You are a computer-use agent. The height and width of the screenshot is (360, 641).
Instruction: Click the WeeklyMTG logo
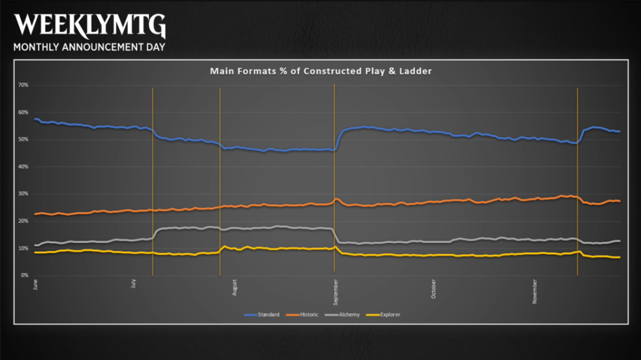click(x=90, y=26)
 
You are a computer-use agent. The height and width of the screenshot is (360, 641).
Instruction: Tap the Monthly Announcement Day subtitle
click(x=89, y=47)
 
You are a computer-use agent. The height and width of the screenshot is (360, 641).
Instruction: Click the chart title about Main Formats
click(x=321, y=71)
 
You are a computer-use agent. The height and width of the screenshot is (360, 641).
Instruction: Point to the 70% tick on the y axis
click(x=23, y=85)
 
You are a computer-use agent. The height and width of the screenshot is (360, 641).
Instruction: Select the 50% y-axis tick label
click(x=23, y=140)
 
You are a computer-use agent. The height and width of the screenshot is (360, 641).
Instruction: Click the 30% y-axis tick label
click(x=23, y=194)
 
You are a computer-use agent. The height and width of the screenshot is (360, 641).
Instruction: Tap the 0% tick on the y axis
click(x=24, y=275)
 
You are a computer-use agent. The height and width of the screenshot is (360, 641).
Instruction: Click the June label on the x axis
click(x=36, y=284)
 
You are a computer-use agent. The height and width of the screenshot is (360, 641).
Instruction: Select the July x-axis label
click(x=134, y=284)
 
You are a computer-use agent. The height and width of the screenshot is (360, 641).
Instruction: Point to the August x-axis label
click(x=234, y=287)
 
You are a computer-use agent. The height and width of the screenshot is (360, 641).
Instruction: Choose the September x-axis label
click(x=336, y=292)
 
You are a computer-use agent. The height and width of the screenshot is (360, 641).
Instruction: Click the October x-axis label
click(x=433, y=289)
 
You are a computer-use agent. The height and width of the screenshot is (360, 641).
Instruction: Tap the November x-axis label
click(x=535, y=291)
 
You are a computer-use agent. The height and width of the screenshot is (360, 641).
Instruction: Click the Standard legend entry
click(x=262, y=314)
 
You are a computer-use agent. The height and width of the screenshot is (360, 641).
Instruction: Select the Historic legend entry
click(x=302, y=314)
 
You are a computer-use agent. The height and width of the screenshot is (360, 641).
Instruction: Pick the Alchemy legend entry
click(x=342, y=314)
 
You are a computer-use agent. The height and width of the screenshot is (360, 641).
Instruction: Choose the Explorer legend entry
click(x=383, y=314)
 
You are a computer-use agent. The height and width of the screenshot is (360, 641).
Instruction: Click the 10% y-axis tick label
click(x=23, y=249)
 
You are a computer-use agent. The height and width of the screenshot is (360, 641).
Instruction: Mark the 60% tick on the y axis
click(x=23, y=113)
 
